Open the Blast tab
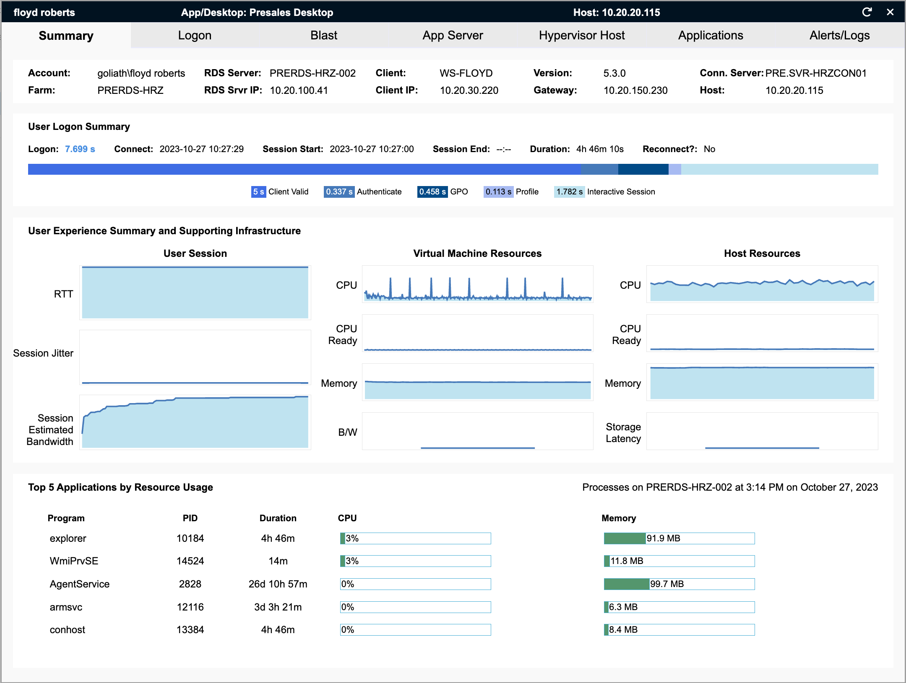[x=323, y=36]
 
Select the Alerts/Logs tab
[x=839, y=36]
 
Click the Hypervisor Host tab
[x=581, y=36]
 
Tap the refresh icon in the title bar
[x=867, y=12]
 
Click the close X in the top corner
[x=890, y=12]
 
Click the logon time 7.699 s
[x=80, y=149]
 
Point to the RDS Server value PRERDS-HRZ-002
[x=312, y=73]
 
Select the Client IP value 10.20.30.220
[x=469, y=91]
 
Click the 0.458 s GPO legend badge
[x=432, y=192]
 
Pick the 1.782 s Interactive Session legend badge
[x=569, y=192]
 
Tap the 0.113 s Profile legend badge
[x=498, y=192]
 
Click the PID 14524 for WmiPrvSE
[x=190, y=561]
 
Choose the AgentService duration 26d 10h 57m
[x=278, y=584]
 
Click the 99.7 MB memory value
[x=667, y=584]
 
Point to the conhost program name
[x=67, y=630]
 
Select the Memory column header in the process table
[x=619, y=518]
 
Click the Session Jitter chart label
[x=43, y=353]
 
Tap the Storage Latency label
[x=623, y=433]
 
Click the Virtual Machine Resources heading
[x=477, y=254]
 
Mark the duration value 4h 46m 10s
[x=600, y=149]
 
